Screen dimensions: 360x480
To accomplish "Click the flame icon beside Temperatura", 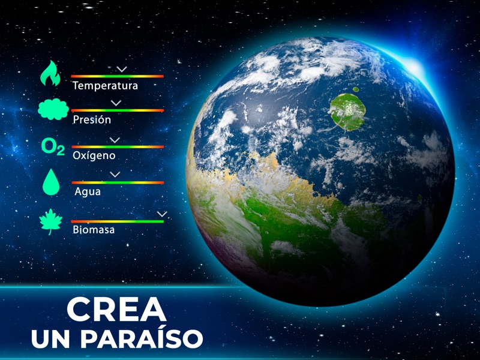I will point(50,74).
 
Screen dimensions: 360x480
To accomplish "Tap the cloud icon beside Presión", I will point(53,110).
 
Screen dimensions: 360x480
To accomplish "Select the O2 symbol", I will point(52,147).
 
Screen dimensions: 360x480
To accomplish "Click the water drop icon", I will point(51,182).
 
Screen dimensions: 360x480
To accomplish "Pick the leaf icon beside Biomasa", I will point(51,221).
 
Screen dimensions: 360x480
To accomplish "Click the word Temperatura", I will point(105,86).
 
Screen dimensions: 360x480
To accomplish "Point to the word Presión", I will point(92,119).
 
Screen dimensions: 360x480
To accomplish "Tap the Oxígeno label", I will point(94,155).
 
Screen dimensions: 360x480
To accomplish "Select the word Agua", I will point(88,192).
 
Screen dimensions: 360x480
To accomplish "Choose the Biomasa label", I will point(93,229).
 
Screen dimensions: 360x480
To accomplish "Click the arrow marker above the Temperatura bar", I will point(122,69).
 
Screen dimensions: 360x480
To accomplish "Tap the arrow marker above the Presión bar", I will point(116,103).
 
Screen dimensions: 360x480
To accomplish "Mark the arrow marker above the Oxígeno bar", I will point(115,140).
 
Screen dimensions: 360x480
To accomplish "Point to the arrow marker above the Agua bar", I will point(115,175).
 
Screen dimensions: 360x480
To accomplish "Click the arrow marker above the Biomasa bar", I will point(161,214).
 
